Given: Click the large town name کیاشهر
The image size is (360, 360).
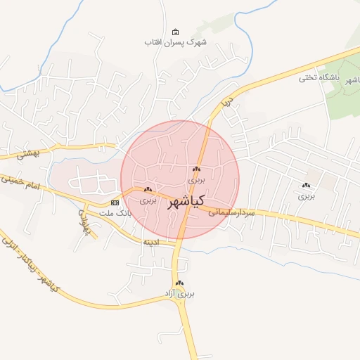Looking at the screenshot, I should [x=186, y=202].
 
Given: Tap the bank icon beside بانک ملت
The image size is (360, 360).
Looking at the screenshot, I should [x=115, y=202].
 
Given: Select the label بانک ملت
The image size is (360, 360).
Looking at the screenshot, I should [x=115, y=212].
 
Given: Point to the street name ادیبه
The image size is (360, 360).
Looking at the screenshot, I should [x=151, y=242].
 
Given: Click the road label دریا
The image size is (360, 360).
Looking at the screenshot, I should [x=226, y=103].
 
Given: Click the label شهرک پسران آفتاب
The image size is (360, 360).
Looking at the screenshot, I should [x=176, y=42].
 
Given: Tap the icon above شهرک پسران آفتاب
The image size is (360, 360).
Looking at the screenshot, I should [x=175, y=32].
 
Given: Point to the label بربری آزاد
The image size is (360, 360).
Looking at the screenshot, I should [x=179, y=292].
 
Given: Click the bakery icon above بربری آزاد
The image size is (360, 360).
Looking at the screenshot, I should [x=180, y=283].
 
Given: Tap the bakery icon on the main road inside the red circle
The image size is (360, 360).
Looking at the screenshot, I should [x=196, y=169].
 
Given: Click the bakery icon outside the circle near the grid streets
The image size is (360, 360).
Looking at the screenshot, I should [x=306, y=186].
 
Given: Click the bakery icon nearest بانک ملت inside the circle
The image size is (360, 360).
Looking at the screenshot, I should [x=148, y=190].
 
